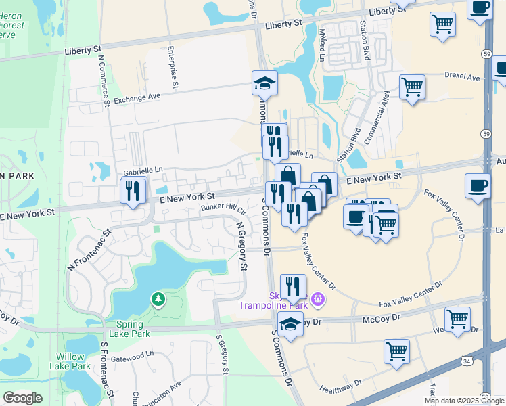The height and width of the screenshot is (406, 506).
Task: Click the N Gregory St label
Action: coord(241,246)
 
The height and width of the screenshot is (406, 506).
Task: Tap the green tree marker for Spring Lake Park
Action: coord(158,298)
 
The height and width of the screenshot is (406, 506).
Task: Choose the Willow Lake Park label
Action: coord(70,361)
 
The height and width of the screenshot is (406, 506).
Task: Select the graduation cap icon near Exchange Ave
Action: coord(264,84)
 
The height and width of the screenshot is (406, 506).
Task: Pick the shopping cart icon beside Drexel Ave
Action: coord(412,87)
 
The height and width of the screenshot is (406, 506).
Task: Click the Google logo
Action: coord(22,398)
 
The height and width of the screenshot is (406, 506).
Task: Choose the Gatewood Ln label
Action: coord(133,356)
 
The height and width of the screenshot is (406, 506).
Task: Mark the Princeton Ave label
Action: coord(166,392)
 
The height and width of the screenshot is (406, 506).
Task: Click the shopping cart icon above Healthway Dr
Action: coord(396,351)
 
